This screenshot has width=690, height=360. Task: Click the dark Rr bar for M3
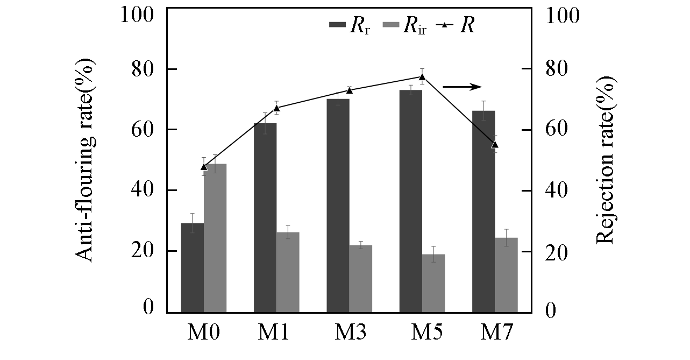pos(338,205)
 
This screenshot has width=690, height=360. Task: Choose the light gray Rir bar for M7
pos(506,274)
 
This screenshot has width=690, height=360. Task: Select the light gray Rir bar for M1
pos(287,272)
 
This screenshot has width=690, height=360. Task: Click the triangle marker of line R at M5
pos(422,76)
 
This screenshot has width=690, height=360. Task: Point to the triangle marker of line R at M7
pos(495,144)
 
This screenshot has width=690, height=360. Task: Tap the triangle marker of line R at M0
pos(203,166)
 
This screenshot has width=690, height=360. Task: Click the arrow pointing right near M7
pos(461,87)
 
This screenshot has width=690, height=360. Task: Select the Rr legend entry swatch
pos(337,25)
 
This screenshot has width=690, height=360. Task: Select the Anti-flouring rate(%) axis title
pos(85,161)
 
